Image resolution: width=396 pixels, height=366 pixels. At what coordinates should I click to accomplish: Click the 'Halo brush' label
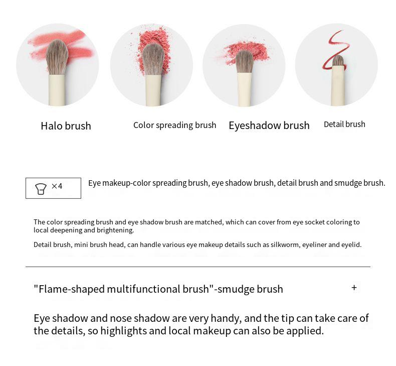coord(66,126)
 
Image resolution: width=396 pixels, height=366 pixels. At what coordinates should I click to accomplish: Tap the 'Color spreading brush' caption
coord(175,125)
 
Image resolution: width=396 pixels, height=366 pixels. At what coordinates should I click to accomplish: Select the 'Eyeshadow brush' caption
coord(269,126)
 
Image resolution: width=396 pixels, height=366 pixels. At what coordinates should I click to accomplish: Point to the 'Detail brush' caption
coord(344,124)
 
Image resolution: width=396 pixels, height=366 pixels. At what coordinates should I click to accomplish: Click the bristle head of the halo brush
coord(57,58)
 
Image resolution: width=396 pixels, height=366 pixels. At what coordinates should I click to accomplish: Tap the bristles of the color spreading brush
coord(153,60)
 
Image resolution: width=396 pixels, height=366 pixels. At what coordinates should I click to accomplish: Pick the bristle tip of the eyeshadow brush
coord(244,61)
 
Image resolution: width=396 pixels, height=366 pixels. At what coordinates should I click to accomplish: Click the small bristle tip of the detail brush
coord(338,61)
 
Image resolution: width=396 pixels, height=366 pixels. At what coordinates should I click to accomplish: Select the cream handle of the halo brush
coord(57,90)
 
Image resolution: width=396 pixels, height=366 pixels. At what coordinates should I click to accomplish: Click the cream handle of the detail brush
coord(338,85)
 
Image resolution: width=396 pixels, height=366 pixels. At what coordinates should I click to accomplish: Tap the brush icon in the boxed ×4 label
coord(41,189)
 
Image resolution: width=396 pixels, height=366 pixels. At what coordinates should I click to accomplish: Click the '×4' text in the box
coord(57,186)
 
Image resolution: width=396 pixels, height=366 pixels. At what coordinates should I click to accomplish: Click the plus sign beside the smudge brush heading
coord(354,288)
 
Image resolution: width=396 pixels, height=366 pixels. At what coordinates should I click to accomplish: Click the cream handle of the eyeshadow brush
coord(244,89)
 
